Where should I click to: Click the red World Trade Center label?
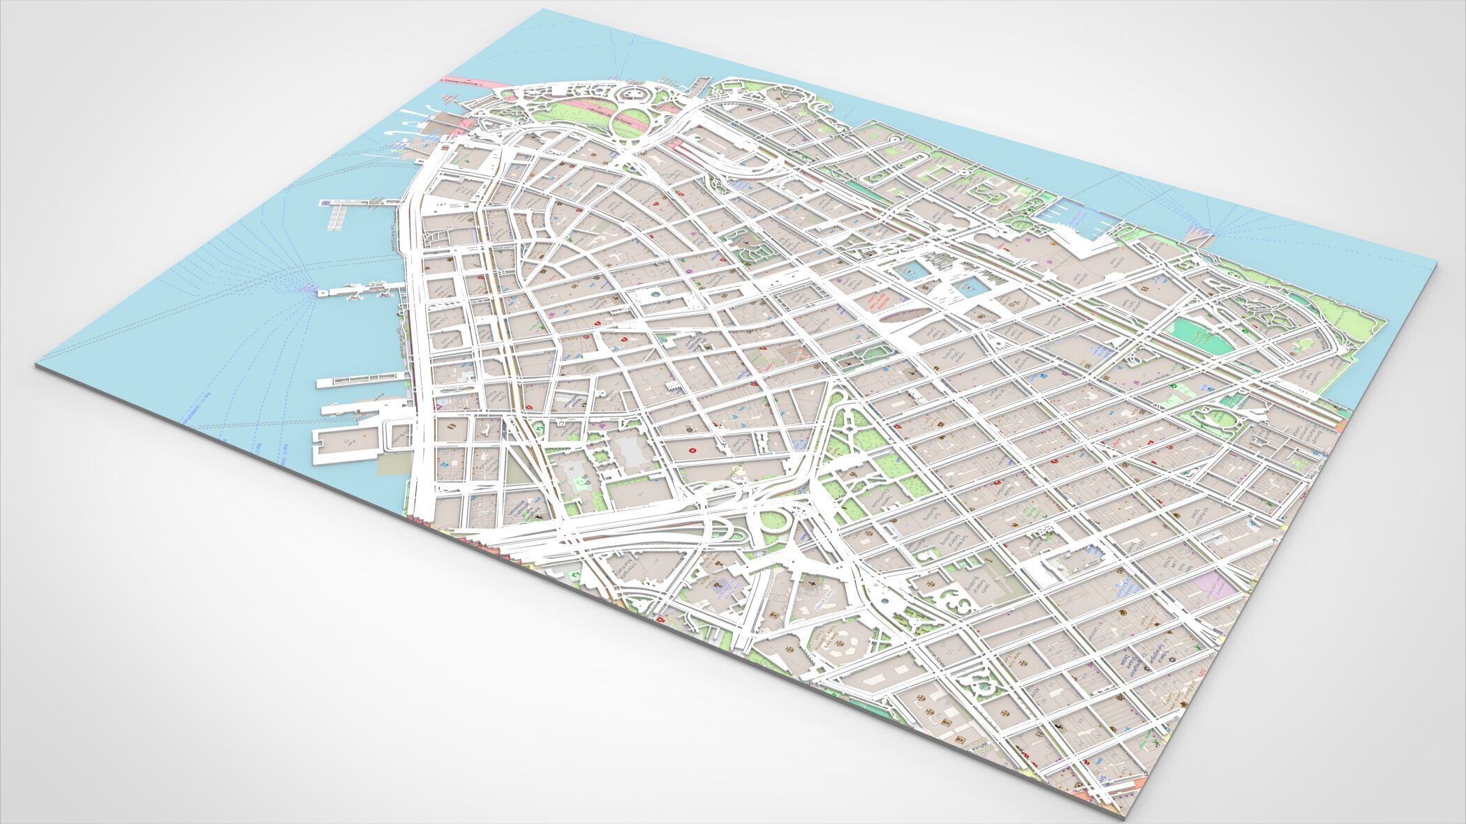click(x=871, y=301)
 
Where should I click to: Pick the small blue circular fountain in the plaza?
click(x=654, y=296)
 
